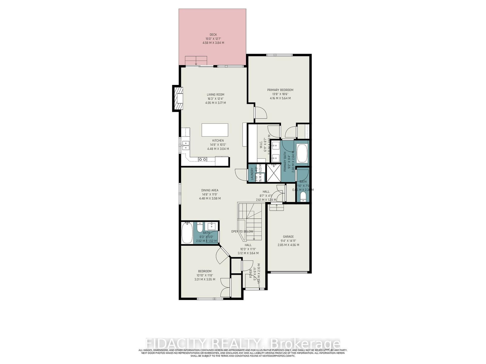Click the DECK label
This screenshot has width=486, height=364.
pos(213,35)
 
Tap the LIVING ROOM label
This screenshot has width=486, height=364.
pos(215,95)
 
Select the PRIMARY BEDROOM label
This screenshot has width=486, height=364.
pos(280,90)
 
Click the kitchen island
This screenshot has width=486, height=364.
pos(215,130)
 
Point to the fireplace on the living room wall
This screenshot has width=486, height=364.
pos(178,99)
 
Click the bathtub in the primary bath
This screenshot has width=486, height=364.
pos(302,153)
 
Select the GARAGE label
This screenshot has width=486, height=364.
pos(288,237)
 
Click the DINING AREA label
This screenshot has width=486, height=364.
pos(210,190)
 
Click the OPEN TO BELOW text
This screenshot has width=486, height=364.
pos(242,231)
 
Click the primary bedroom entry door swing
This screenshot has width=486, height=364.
pos(260,113)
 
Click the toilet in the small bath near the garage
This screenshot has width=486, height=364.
pos(303,197)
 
